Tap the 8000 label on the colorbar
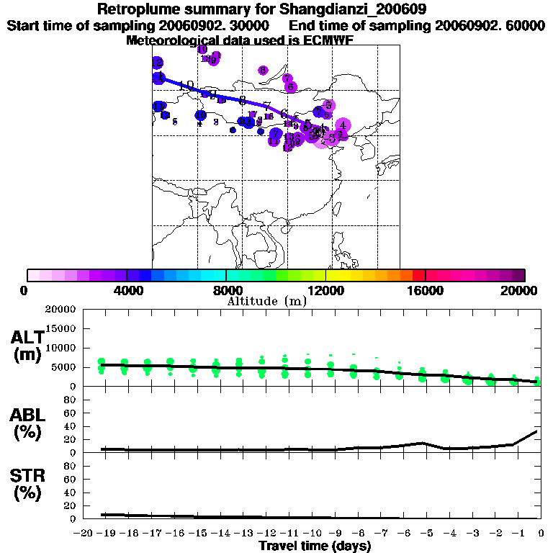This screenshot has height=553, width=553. pyautogui.click(x=226, y=290)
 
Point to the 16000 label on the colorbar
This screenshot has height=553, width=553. pyautogui.click(x=426, y=290)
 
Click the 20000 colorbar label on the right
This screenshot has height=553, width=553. pyautogui.click(x=524, y=290)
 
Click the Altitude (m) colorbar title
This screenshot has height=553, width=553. pyautogui.click(x=266, y=301)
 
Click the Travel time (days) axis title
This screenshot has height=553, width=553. pyautogui.click(x=315, y=547)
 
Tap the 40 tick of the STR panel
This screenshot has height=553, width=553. pyautogui.click(x=71, y=493)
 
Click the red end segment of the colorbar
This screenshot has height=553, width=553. pyautogui.click(x=418, y=275)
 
